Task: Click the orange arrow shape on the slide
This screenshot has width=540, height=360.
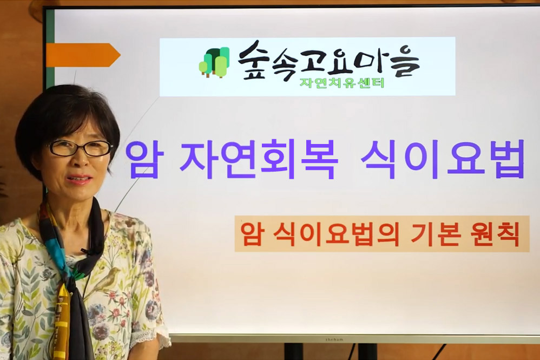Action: click(x=83, y=55)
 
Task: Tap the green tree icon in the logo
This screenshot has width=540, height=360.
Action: click(x=214, y=62)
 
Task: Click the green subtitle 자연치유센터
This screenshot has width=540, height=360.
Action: click(x=341, y=83)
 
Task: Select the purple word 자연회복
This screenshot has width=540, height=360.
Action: click(x=259, y=160)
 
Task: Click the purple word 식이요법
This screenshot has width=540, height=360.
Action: click(x=442, y=159)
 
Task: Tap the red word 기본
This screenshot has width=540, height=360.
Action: click(x=436, y=234)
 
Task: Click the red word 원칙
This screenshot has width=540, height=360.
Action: click(x=495, y=234)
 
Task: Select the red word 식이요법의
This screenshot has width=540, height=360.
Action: click(x=336, y=234)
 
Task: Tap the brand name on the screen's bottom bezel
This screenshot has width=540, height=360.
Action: click(x=334, y=339)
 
